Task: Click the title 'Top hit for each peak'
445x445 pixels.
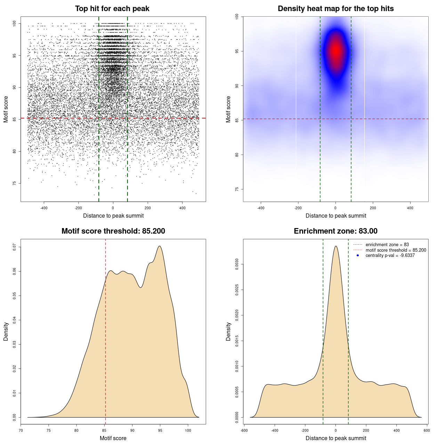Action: pyautogui.click(x=112, y=9)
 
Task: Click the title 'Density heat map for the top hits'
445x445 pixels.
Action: pyautogui.click(x=335, y=9)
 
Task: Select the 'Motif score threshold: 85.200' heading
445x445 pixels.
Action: pyautogui.click(x=113, y=231)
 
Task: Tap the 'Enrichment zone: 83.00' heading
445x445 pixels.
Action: pyautogui.click(x=335, y=231)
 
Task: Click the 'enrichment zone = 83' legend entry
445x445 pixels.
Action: pyautogui.click(x=387, y=245)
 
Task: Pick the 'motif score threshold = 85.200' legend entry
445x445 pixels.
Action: pyautogui.click(x=396, y=250)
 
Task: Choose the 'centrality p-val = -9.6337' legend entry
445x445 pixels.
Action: pyautogui.click(x=390, y=256)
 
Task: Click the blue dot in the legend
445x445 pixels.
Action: pyautogui.click(x=358, y=256)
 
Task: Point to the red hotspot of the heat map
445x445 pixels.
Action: pyautogui.click(x=336, y=51)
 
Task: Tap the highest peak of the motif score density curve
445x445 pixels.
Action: pyautogui.click(x=160, y=246)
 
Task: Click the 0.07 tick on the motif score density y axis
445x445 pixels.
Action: pyautogui.click(x=15, y=247)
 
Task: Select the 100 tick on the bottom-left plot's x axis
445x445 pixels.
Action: pyautogui.click(x=188, y=430)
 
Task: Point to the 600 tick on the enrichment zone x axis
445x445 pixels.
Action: pyautogui.click(x=427, y=430)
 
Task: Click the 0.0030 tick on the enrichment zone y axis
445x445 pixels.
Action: pyautogui.click(x=237, y=265)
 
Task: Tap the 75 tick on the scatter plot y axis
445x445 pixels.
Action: pyautogui.click(x=15, y=183)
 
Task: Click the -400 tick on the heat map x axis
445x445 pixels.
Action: pyautogui.click(x=261, y=208)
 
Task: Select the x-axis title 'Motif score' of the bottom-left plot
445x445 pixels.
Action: pyautogui.click(x=113, y=438)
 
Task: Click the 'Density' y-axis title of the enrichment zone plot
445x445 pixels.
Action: pyautogui.click(x=228, y=331)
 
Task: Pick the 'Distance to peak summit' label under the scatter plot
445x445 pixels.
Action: pyautogui.click(x=113, y=216)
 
